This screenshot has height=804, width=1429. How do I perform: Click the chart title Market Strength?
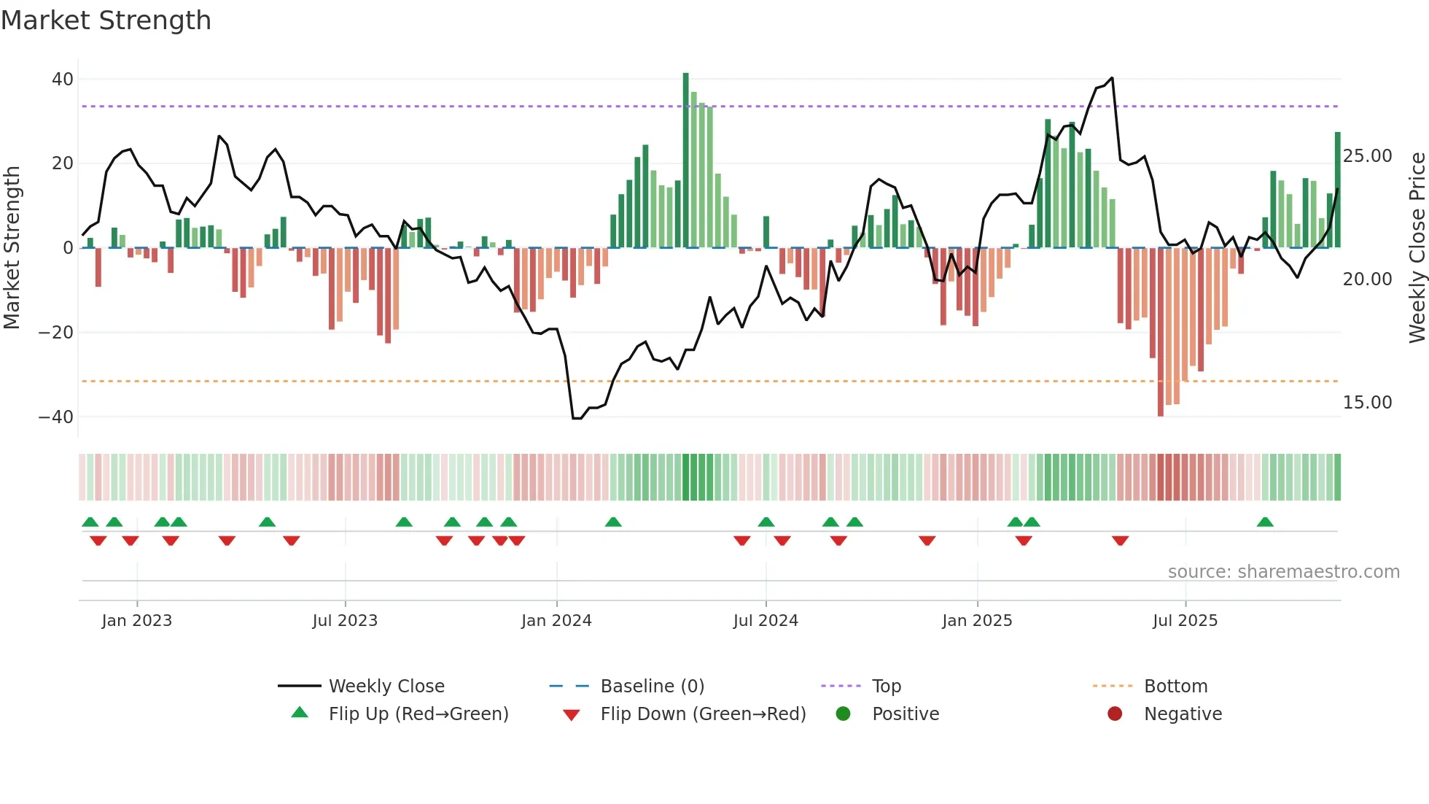(x=106, y=20)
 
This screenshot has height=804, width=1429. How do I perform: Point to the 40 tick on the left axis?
(x=63, y=79)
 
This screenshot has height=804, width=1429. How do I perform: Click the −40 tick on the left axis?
(x=56, y=417)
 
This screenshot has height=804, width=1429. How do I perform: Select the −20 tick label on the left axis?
(x=56, y=333)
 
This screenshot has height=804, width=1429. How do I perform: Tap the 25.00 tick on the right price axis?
(x=1367, y=156)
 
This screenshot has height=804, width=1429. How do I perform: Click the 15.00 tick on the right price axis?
(x=1367, y=403)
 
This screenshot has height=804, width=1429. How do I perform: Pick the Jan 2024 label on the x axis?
(x=556, y=621)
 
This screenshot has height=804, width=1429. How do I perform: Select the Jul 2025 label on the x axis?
(x=1185, y=621)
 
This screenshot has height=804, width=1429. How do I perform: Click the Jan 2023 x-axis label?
(x=137, y=621)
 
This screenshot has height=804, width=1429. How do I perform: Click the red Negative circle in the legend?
(x=1115, y=714)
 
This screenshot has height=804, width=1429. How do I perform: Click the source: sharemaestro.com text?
(x=1283, y=572)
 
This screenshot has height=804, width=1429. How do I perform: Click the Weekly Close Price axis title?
(x=1417, y=248)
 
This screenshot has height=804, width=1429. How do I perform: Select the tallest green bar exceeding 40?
(x=685, y=161)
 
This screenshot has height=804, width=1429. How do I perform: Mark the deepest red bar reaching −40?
(x=1161, y=332)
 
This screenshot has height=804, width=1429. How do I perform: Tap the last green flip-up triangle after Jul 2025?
(x=1265, y=522)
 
